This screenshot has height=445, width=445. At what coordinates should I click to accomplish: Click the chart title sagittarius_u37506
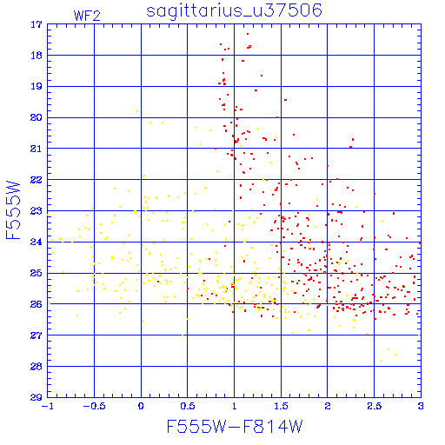click(x=234, y=10)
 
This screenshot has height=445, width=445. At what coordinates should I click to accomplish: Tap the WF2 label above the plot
click(x=87, y=16)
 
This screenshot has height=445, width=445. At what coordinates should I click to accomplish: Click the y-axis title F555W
click(x=13, y=210)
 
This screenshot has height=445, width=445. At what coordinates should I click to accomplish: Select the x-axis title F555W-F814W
click(x=235, y=426)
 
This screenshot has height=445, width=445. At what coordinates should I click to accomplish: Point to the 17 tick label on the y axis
click(x=37, y=24)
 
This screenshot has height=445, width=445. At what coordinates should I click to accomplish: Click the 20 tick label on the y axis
click(x=37, y=117)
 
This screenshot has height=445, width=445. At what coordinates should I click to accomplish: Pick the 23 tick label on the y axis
click(x=37, y=211)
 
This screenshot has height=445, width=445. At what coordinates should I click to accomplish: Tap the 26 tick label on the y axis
click(x=37, y=304)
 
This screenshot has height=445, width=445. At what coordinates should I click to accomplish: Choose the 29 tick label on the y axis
click(x=37, y=397)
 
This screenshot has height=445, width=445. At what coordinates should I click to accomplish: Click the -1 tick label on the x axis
click(x=47, y=406)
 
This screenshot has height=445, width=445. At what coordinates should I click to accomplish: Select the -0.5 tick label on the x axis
click(x=94, y=406)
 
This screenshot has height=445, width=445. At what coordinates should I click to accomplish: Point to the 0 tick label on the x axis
click(x=141, y=406)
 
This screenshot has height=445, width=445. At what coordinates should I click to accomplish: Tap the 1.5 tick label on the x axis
click(x=281, y=406)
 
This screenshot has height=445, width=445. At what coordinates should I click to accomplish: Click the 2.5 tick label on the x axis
click(x=374, y=406)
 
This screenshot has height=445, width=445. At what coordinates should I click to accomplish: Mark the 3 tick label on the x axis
click(x=421, y=406)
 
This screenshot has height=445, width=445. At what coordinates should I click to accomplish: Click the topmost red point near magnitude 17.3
click(x=248, y=34)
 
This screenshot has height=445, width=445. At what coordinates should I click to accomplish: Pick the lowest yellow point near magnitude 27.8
click(x=382, y=361)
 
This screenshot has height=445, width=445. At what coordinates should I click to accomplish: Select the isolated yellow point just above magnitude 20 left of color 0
click(x=137, y=111)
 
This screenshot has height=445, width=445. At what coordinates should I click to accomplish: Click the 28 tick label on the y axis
click(x=37, y=367)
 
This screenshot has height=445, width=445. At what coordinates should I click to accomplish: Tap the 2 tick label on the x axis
click(x=328, y=406)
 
